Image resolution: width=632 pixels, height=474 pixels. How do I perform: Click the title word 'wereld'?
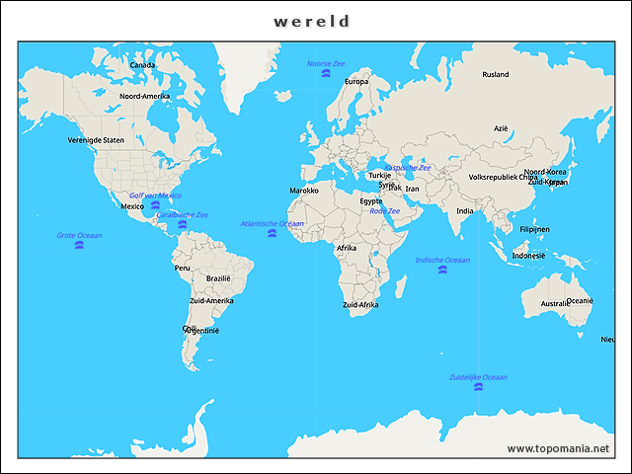coord(312,21)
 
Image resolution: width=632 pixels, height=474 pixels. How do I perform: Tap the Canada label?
coord(142,65)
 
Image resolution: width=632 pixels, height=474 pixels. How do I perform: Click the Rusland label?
coord(495,74)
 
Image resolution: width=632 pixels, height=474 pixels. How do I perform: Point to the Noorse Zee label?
coord(326,63)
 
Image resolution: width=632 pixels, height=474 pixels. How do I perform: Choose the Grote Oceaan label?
coord(79,235)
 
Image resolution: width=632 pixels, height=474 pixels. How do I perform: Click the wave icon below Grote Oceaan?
coord(79,245)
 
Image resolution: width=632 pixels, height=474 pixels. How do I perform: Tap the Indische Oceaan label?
coord(441,260)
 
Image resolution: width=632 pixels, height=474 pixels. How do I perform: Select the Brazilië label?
coord(218,278)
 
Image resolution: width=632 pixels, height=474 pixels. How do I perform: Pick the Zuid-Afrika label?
coord(359,305)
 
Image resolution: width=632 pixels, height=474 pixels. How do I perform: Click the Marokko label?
coord(304,190)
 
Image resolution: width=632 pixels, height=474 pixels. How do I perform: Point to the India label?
coord(465,210)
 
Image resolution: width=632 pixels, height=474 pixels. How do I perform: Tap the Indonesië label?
coord(528,255)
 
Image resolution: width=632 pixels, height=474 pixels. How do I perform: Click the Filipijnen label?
coord(534,229)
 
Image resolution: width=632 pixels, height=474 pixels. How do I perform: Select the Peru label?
coord(182,268)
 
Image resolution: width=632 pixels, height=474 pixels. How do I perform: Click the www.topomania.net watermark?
coord(558,448)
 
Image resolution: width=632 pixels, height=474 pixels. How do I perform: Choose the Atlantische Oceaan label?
coord(273,223)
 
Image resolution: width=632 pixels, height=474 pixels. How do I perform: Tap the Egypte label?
coord(370,200)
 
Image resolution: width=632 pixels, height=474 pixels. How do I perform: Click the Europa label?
coord(356,82)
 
